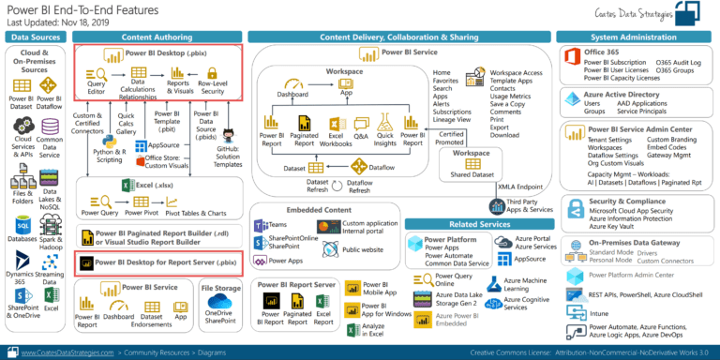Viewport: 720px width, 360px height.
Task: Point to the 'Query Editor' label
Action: (x=96, y=86)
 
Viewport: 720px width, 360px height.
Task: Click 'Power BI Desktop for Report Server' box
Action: (x=159, y=262)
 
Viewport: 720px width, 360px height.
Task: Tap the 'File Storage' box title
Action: (x=222, y=287)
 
